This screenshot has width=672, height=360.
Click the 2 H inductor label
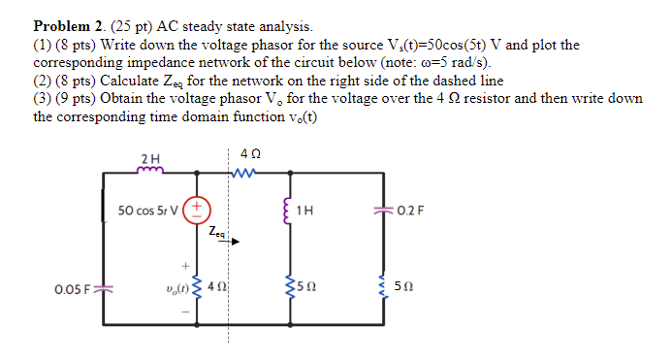pyautogui.click(x=149, y=158)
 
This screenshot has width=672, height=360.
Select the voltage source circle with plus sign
pyautogui.click(x=196, y=208)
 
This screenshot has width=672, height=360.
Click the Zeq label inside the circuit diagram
pyautogui.click(x=215, y=233)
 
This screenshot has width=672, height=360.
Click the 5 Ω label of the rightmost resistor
pyautogui.click(x=412, y=287)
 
